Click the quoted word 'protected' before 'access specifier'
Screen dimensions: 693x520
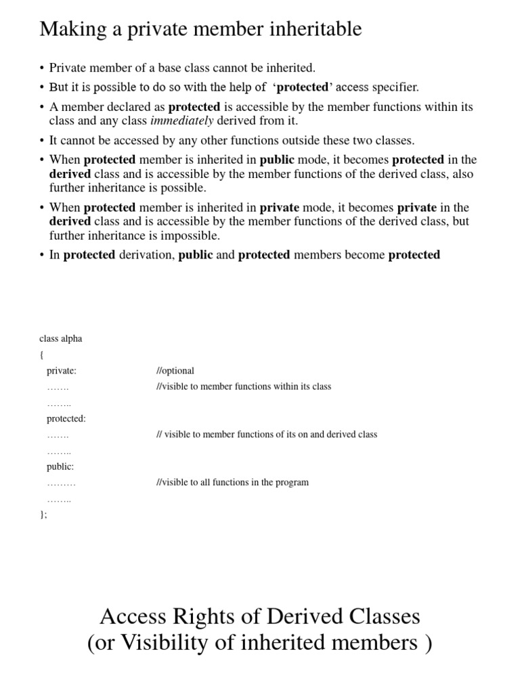coord(303,87)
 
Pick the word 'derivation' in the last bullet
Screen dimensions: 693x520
coord(147,254)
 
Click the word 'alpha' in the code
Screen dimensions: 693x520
coord(71,338)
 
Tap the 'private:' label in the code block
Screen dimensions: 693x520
coord(62,370)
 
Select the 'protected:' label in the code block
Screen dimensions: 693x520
coord(66,418)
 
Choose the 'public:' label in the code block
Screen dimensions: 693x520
coord(60,466)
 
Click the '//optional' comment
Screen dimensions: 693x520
coord(175,370)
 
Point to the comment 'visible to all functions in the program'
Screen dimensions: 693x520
coord(232,483)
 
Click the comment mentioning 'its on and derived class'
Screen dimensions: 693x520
coord(266,434)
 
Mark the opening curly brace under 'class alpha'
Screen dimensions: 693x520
coord(41,355)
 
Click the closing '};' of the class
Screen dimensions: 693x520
coord(43,514)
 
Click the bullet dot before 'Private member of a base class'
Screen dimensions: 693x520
coord(42,68)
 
